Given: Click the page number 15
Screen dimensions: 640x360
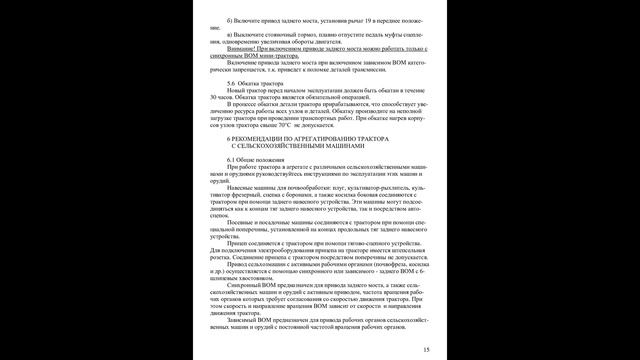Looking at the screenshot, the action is point(427,348).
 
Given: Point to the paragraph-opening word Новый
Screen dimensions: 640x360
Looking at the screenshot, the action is point(239,91).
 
